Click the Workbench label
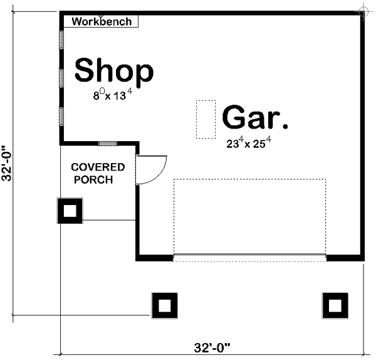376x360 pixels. (102, 21)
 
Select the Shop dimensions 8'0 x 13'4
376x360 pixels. (113, 95)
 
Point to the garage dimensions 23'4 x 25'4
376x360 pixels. (249, 142)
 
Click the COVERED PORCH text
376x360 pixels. (97, 173)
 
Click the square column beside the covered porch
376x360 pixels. (70, 211)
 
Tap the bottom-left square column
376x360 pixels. (164, 305)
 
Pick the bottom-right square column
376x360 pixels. (335, 305)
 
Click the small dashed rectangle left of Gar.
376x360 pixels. (204, 119)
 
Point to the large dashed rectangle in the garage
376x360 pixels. (249, 217)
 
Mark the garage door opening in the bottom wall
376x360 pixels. (249, 257)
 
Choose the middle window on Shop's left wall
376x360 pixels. (61, 78)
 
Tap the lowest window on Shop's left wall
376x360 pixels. (61, 117)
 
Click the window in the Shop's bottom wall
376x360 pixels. (108, 144)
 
